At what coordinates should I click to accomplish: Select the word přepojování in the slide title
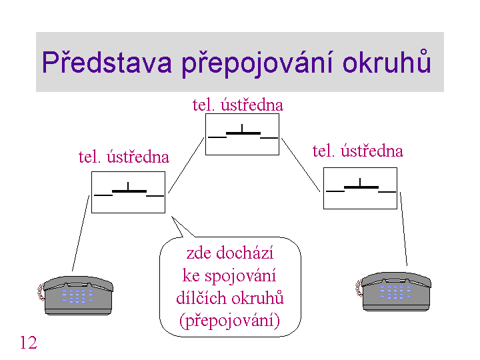point(257,64)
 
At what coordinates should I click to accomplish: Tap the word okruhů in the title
point(387,61)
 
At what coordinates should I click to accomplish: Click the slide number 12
point(28,342)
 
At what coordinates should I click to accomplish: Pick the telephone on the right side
point(393,292)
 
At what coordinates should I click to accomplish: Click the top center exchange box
point(242,135)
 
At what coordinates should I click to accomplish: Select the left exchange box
point(128,192)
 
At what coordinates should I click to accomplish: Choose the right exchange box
point(360,188)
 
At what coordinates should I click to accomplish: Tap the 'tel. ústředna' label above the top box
point(238,105)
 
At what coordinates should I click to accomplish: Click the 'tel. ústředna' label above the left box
point(124,157)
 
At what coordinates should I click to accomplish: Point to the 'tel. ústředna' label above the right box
point(357,151)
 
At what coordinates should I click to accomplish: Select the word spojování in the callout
point(240,276)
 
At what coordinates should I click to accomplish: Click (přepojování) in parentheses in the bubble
point(229,321)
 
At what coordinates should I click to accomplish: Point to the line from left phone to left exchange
point(81,233)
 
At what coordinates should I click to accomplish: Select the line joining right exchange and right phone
point(403,229)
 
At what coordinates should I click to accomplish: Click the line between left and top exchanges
point(186,165)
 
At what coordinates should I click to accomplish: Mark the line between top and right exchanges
point(301,165)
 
